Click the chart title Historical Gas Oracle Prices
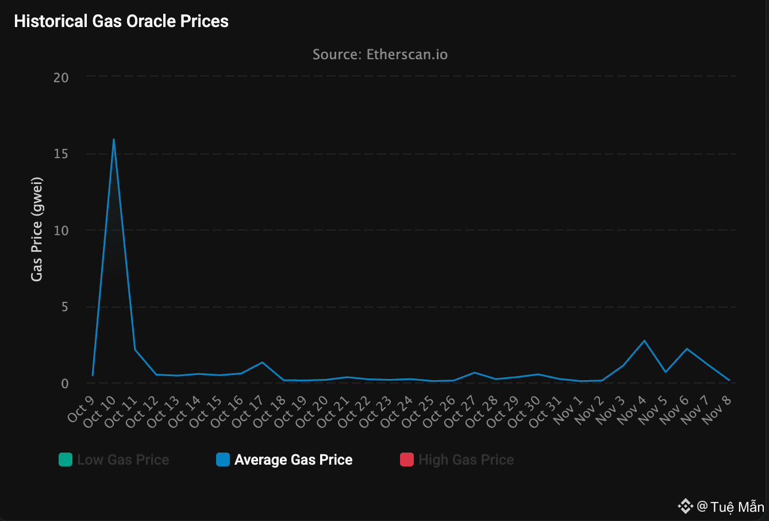coord(121,21)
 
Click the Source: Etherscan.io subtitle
coord(380,55)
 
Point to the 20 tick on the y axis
coord(61,78)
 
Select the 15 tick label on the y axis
coord(61,154)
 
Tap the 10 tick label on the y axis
coord(61,231)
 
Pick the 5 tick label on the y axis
coord(65,307)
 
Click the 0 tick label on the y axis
coord(65,384)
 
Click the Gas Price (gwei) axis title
coord(37,229)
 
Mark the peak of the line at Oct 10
coord(114,139)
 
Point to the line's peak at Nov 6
coord(687,348)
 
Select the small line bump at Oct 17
coord(262,362)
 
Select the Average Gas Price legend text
coord(293,460)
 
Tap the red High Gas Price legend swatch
coord(407,459)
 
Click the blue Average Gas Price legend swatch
coord(223,459)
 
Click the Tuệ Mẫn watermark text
coord(737,507)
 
